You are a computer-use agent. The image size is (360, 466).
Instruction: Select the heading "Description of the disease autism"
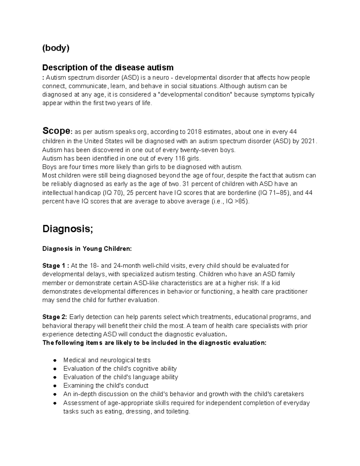pos(108,67)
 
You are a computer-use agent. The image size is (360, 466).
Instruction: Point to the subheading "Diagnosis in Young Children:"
pos(87,249)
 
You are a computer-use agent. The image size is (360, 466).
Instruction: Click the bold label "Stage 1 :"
pos(56,266)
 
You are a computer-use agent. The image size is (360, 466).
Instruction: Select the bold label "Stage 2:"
pos(55,317)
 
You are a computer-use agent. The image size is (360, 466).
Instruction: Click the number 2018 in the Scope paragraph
pos(194,132)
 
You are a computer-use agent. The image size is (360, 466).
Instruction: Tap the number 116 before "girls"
pos(180,158)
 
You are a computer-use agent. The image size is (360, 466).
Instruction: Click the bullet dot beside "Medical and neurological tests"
pos(55,360)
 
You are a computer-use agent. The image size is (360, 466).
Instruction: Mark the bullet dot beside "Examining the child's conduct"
pos(55,386)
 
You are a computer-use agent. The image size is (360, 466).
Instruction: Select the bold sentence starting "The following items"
pos(154,343)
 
